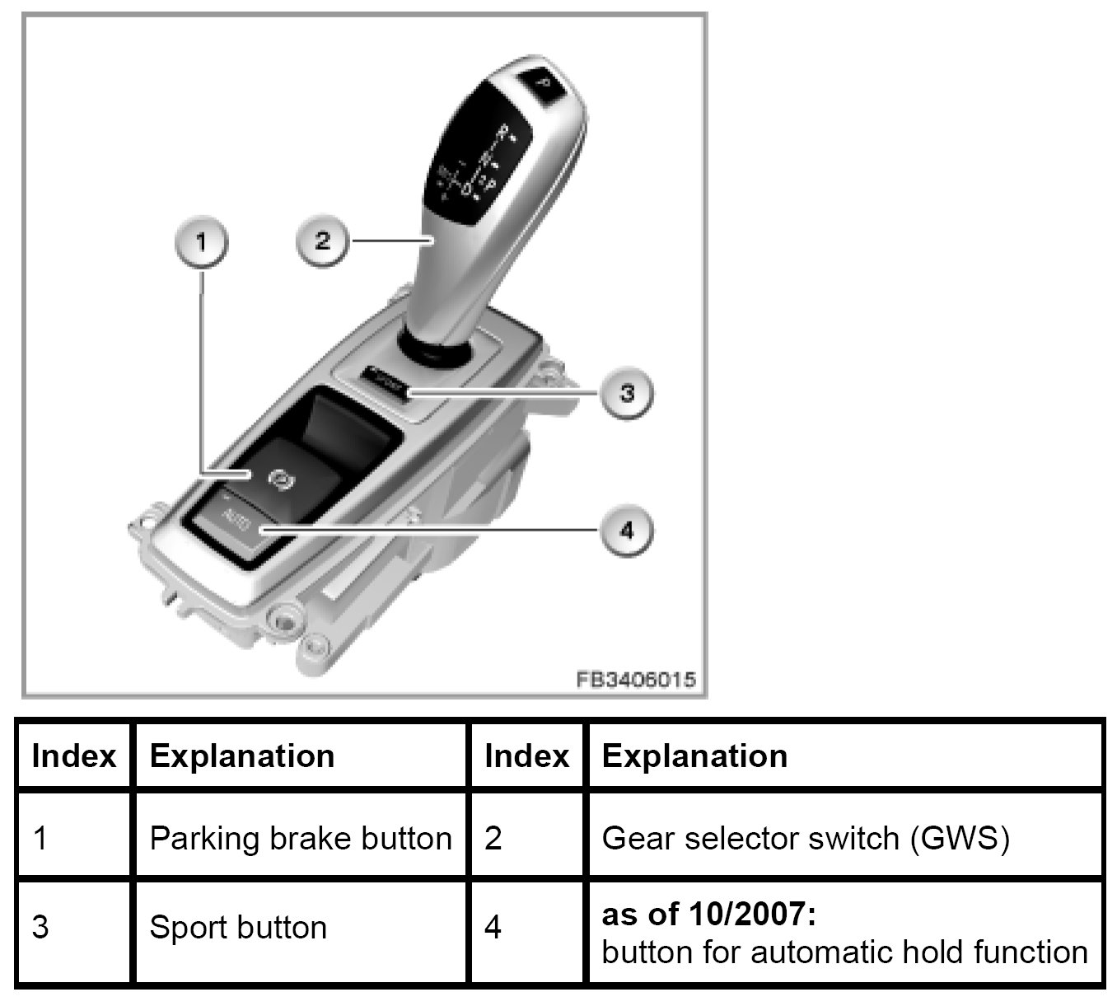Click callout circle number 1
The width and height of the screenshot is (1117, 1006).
(x=201, y=242)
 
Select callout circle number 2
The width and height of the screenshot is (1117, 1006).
(x=322, y=241)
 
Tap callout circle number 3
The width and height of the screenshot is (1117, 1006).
(x=626, y=393)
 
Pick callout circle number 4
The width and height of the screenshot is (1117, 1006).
(x=626, y=530)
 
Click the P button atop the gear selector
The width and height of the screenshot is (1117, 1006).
(x=542, y=82)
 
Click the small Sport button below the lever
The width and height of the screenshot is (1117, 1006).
(x=387, y=381)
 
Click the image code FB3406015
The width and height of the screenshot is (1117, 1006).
(x=635, y=680)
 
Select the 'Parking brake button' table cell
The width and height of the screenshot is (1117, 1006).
(x=301, y=838)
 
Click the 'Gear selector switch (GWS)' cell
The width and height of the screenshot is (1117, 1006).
(x=806, y=838)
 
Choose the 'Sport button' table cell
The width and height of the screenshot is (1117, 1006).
(x=238, y=928)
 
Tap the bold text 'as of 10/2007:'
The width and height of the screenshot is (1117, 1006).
(x=709, y=914)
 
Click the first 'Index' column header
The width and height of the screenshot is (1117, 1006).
(x=73, y=756)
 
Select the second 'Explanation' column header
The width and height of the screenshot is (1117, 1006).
(x=694, y=756)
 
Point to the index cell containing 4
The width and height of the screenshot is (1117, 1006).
(x=493, y=928)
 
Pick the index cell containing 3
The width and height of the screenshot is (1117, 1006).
(x=40, y=928)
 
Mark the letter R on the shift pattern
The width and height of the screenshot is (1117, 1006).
(x=505, y=131)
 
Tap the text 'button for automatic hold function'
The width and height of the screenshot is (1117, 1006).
(x=844, y=952)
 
